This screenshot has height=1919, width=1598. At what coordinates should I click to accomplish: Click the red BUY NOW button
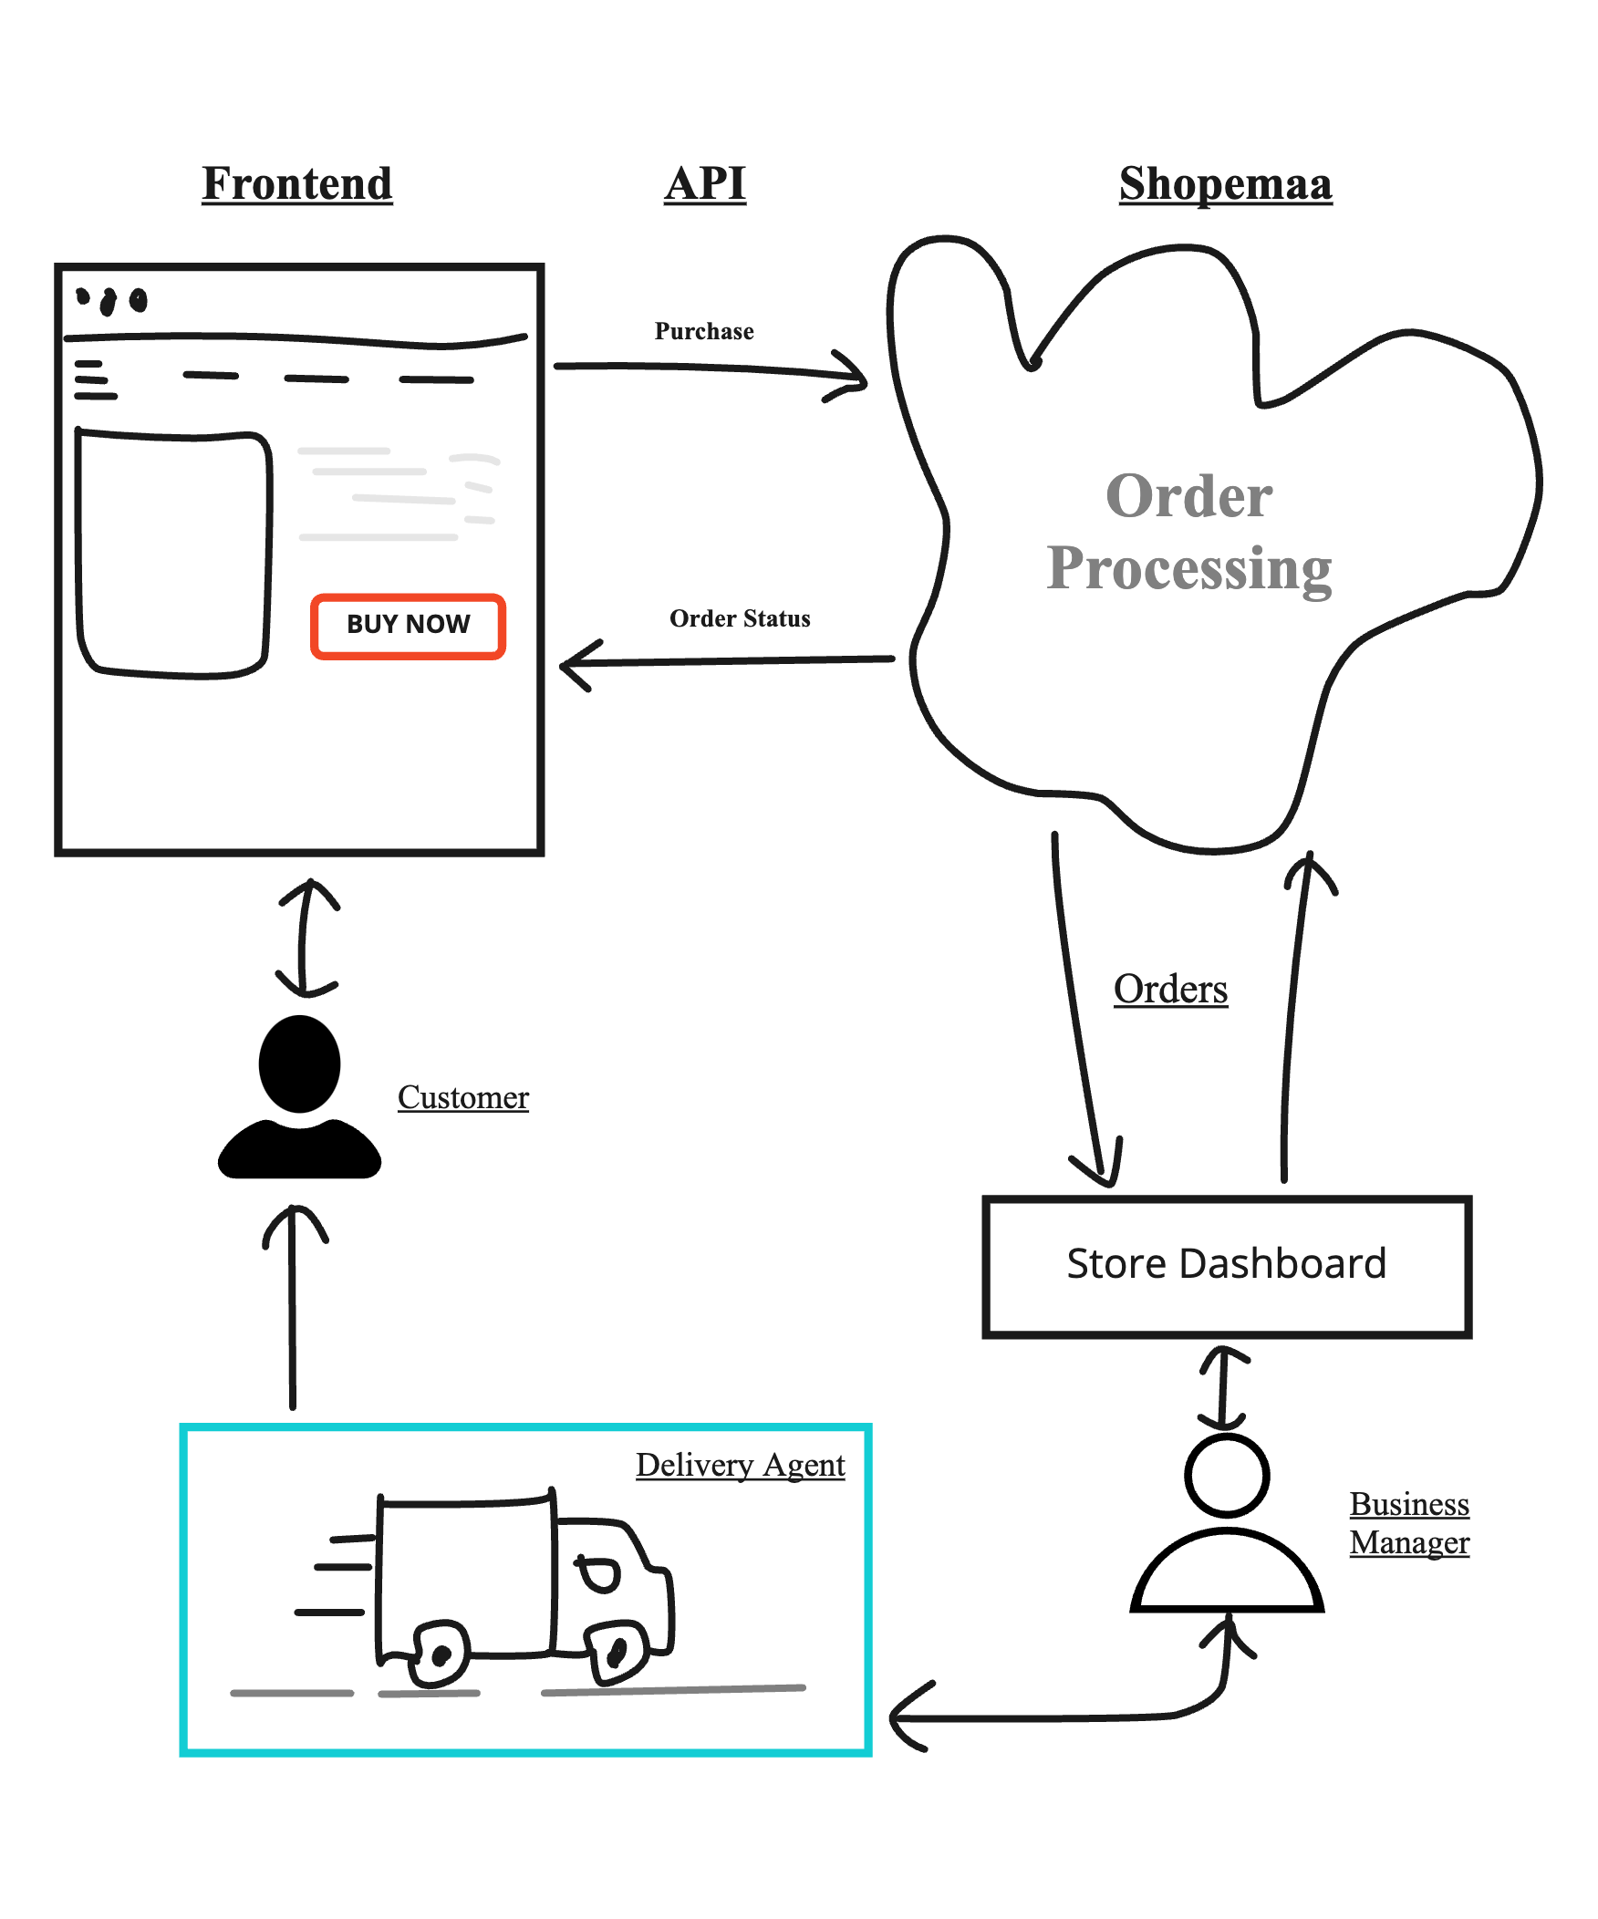tap(408, 626)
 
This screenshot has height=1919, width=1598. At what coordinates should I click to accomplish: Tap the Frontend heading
tap(297, 183)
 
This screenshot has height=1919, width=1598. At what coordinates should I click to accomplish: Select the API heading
tap(704, 183)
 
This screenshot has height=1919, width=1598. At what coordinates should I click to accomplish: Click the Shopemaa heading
tap(1225, 184)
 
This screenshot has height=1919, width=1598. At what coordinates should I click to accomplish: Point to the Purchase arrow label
tap(703, 331)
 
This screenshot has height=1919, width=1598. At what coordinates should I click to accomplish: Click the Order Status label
tap(739, 618)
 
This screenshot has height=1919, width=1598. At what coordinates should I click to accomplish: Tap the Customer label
tap(462, 1096)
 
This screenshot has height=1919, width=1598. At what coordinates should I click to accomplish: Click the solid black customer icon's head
tap(299, 1063)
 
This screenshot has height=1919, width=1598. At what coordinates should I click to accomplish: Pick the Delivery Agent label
tap(740, 1465)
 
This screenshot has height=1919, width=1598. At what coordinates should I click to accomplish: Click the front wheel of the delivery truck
tap(617, 1651)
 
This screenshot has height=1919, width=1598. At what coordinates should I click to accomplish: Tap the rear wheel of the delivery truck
tap(441, 1654)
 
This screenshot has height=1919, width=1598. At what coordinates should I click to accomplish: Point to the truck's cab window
tap(599, 1573)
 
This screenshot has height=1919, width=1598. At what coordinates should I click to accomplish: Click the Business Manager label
tap(1409, 1522)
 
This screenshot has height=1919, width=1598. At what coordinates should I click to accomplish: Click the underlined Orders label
tap(1170, 989)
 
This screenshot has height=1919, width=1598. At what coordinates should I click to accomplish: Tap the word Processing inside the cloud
tap(1188, 568)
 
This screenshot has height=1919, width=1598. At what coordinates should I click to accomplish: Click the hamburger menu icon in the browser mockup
tap(95, 379)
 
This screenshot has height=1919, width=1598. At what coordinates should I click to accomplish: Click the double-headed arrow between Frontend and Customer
tap(308, 938)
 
